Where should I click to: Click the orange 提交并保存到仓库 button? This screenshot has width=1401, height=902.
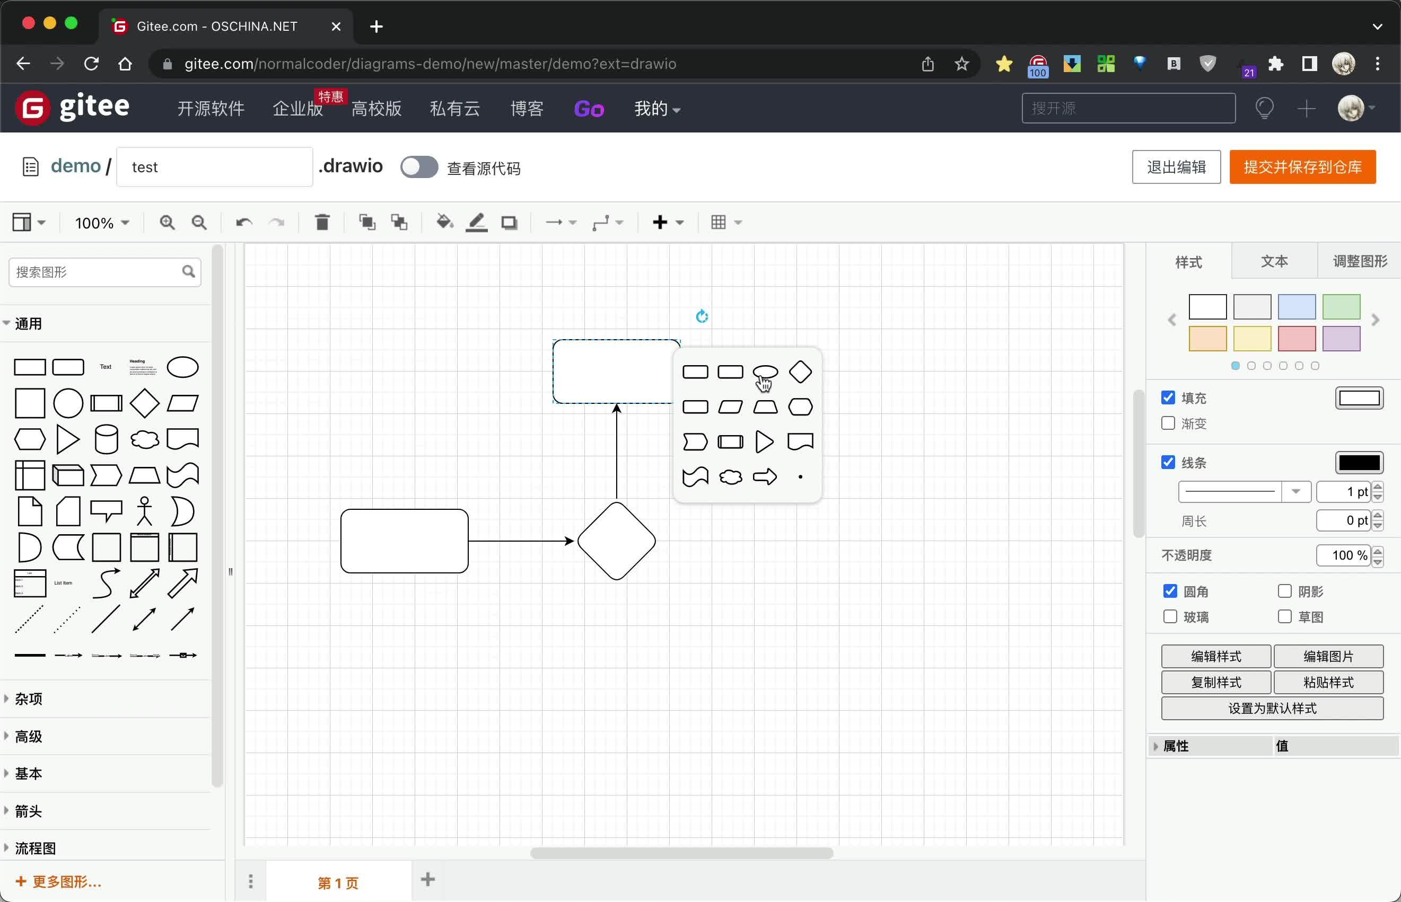(1302, 167)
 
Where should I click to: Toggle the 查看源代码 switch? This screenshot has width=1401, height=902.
(419, 167)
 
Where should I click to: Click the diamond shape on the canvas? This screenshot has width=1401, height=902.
(616, 541)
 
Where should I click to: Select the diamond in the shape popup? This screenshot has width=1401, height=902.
(800, 372)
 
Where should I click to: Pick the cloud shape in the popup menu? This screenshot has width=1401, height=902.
(730, 477)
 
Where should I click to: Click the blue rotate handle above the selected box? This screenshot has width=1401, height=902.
(702, 317)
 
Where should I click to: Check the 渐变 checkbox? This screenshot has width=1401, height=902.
(1168, 423)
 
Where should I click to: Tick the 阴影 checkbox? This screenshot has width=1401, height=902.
(1284, 591)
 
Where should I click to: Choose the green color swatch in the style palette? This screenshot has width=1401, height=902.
(1341, 307)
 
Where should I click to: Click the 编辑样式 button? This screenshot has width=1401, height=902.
(1216, 656)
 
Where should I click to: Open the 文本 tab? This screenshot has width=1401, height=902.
(1274, 261)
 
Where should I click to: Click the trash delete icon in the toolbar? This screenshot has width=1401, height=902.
(322, 223)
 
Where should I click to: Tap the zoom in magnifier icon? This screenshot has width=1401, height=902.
(168, 223)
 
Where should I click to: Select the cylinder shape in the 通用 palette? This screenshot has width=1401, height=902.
(106, 439)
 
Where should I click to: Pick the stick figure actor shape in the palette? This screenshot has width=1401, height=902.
(144, 511)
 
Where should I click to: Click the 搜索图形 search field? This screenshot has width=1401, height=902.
(97, 272)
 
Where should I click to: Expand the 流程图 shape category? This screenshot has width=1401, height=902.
(35, 847)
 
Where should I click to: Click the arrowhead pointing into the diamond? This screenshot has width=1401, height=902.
(569, 541)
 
